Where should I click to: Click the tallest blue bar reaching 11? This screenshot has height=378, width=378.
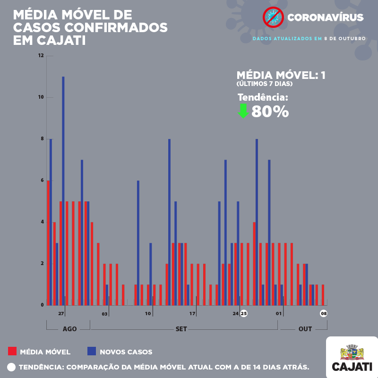63,189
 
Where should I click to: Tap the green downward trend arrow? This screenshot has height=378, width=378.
243,111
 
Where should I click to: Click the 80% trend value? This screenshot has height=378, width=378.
270,112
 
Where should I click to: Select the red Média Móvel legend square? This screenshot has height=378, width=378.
12,351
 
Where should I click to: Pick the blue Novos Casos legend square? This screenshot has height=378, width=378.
92,351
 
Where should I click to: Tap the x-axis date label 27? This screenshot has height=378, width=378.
61,313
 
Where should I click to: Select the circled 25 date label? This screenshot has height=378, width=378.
244,313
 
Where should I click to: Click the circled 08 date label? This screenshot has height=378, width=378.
324,313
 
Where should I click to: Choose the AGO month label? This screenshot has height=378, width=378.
69,329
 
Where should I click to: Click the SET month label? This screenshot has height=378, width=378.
181,329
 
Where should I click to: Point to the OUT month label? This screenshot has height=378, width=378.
305,329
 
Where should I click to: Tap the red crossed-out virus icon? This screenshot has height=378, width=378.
273,17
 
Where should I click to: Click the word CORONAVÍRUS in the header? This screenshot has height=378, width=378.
326,18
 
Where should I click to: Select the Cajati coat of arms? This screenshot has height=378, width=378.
352,352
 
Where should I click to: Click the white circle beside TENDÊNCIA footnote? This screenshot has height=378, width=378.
12,367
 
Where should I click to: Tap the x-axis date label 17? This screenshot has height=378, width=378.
193,313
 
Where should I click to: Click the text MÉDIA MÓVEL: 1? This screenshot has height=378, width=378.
281,75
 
